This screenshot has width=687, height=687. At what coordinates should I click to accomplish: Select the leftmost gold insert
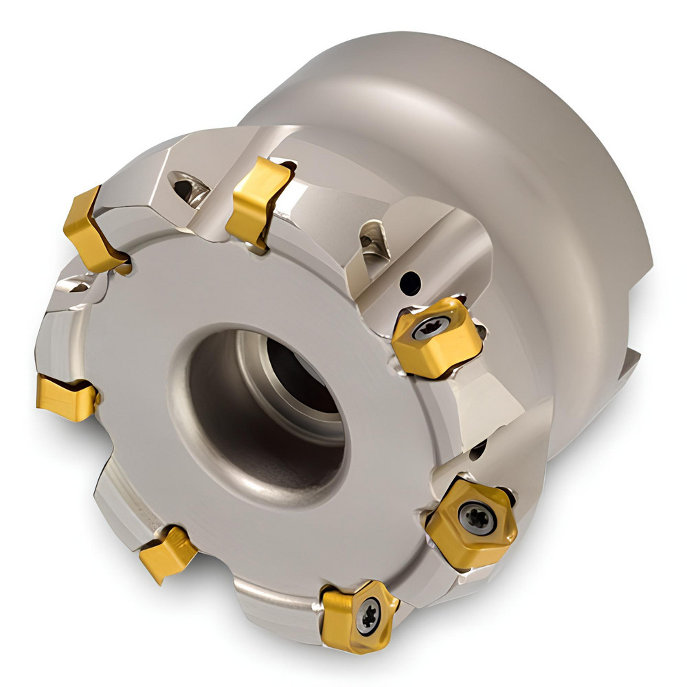(x=65, y=397)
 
